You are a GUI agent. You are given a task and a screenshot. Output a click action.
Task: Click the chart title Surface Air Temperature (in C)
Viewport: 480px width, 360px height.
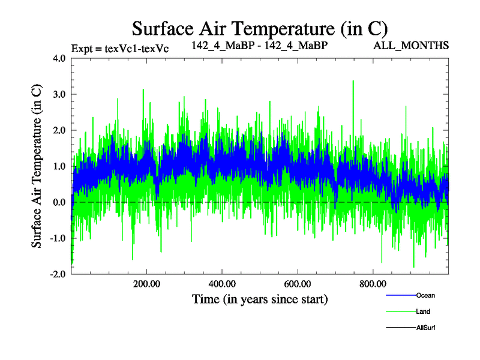[x=260, y=28]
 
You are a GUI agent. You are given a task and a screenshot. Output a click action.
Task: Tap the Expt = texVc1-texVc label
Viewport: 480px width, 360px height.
[x=119, y=49]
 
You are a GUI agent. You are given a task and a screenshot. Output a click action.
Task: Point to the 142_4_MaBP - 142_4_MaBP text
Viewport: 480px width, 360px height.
[x=259, y=46]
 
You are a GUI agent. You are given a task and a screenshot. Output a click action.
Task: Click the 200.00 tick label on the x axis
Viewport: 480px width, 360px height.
[x=146, y=284]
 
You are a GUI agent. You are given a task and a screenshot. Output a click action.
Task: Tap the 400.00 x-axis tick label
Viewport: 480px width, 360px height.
[x=222, y=284]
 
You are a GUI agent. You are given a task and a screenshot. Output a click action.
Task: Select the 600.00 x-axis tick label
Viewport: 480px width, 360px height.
[x=298, y=284]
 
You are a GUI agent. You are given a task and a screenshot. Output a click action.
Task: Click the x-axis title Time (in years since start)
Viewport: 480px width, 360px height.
[x=259, y=299]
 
